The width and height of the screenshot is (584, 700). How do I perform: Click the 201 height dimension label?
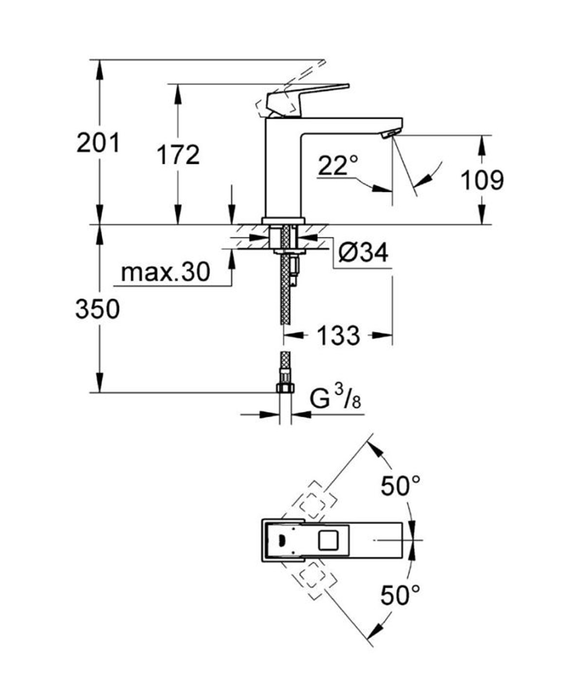pos(98,143)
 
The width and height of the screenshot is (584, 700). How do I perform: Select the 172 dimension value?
pos(178,156)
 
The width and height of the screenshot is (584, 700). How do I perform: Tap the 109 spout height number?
pos(482,180)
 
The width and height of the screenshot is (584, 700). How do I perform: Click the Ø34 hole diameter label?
pos(364,252)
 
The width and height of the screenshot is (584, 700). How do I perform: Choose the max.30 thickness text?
pos(165,272)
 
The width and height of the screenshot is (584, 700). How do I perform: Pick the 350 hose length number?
pos(97,309)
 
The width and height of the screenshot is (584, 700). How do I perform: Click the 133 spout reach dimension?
pos(338,335)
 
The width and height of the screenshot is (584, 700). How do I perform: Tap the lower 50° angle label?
pos(400,595)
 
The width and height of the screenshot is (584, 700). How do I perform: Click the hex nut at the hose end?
pos(285,388)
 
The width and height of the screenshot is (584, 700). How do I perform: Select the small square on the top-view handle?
pos(327,540)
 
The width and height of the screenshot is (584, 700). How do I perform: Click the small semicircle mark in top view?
pos(281,540)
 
